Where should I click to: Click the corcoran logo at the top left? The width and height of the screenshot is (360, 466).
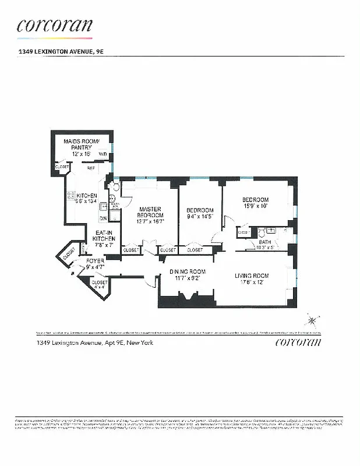[x=54, y=26]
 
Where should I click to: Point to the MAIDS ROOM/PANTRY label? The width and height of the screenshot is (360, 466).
[x=82, y=144]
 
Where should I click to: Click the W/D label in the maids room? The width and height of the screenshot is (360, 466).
[x=103, y=154]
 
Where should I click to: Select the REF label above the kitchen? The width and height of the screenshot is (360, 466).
[x=91, y=168]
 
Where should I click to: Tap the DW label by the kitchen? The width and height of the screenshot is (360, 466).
[x=103, y=218]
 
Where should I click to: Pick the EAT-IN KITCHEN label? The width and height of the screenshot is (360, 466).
[x=105, y=239]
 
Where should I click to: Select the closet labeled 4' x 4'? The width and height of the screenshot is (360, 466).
[x=99, y=284]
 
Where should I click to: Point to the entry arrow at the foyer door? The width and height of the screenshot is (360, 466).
[x=73, y=270]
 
